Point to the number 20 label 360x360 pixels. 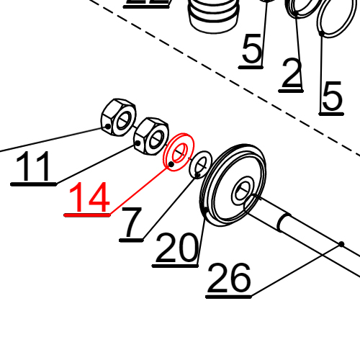[x=176, y=249]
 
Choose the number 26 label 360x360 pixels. [x=229, y=279]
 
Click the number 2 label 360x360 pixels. [x=291, y=74]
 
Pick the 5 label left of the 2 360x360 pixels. [x=252, y=51]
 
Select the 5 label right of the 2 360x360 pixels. [x=332, y=97]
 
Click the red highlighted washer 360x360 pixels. [x=177, y=153]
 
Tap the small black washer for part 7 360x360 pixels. [x=201, y=165]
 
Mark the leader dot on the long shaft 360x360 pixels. [x=342, y=244]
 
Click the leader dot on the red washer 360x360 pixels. [x=171, y=164]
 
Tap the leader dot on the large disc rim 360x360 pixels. [x=207, y=210]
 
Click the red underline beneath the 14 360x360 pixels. [x=87, y=215]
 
